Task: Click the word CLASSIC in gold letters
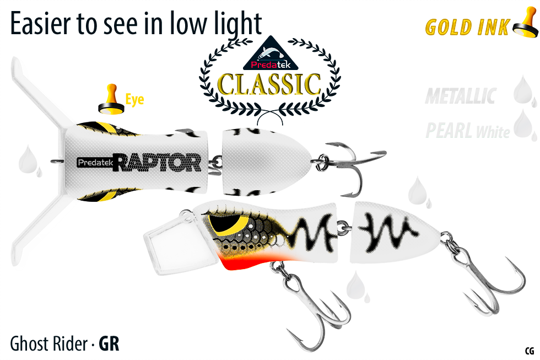pyautogui.click(x=269, y=84)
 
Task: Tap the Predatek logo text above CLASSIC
pyautogui.click(x=267, y=65)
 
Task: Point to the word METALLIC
pyautogui.click(x=460, y=96)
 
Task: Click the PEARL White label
pyautogui.click(x=467, y=131)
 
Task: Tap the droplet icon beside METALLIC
pyautogui.click(x=523, y=92)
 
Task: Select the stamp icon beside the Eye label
pyautogui.click(x=111, y=99)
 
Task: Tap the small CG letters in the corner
pyautogui.click(x=530, y=351)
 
